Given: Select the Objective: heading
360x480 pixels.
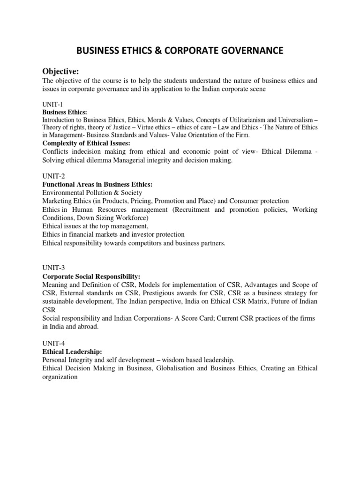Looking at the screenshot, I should pyautogui.click(x=61, y=71).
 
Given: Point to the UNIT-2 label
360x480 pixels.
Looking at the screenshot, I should pyautogui.click(x=52, y=176).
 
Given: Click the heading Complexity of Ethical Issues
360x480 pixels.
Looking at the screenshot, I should pyautogui.click(x=86, y=143).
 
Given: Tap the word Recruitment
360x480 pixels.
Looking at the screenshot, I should pyautogui.click(x=193, y=210).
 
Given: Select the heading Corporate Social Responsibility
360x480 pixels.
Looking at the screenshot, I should pyautogui.click(x=91, y=277).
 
